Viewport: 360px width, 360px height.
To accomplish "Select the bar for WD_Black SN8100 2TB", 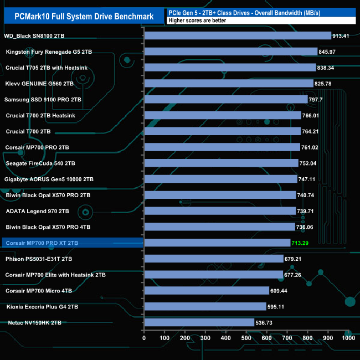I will click(237, 36).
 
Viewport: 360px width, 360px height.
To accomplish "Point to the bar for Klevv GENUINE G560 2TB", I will click(228, 84).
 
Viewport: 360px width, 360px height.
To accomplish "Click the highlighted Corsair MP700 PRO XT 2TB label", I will click(42, 243).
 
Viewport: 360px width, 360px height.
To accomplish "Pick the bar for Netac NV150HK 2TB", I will click(199, 322).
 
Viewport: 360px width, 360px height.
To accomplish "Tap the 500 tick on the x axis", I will click(246, 338).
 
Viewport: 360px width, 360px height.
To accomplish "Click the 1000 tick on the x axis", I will click(349, 338).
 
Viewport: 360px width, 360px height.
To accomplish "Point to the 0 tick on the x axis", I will click(144, 338).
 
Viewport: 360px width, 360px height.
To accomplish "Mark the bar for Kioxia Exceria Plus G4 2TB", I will click(205, 306).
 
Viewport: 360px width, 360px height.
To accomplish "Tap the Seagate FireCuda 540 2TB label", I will click(40, 163).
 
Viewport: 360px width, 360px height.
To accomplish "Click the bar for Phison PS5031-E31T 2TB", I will click(213, 259).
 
